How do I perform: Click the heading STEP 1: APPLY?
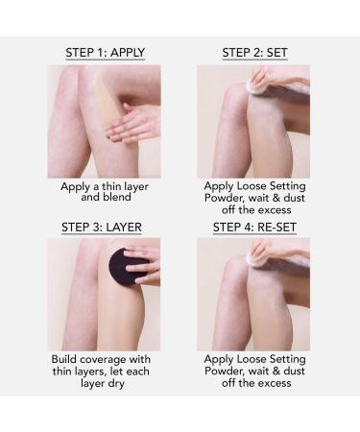point(106,53)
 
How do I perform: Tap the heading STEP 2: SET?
point(254,53)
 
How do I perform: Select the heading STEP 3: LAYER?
point(102,228)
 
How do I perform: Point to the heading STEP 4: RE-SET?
point(254,228)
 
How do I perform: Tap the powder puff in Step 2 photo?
point(260,83)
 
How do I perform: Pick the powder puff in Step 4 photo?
point(260,255)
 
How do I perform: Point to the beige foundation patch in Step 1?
point(106,99)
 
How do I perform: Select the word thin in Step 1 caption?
point(111,186)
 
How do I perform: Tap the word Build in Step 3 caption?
point(64,359)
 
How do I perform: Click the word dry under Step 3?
point(116,383)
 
